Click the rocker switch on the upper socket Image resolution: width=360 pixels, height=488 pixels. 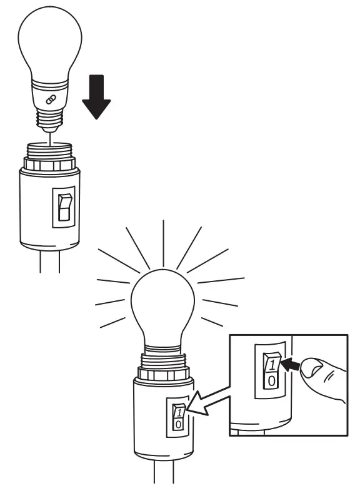(64, 207)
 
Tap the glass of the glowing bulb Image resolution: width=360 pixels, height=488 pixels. (164, 306)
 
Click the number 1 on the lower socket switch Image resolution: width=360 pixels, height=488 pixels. (178, 412)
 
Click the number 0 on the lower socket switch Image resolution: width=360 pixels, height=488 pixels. (178, 425)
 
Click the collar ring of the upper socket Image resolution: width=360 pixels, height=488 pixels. (50, 166)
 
